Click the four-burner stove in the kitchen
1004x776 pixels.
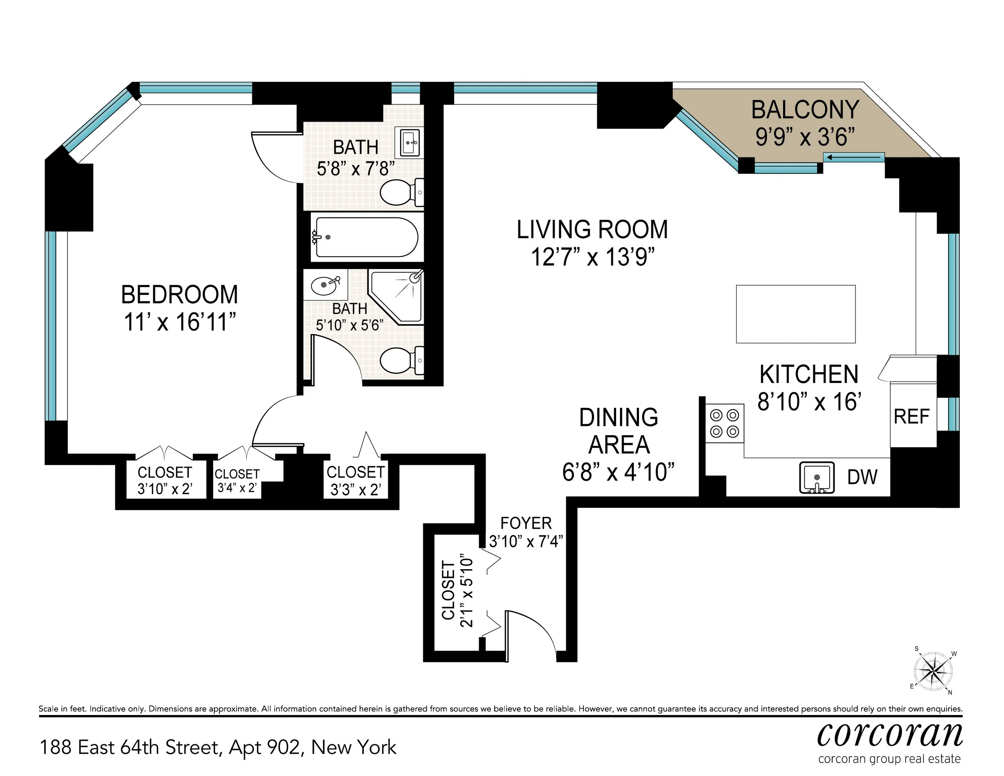[x=724, y=423]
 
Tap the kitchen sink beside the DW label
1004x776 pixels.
[x=816, y=478]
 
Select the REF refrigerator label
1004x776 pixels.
[x=912, y=416]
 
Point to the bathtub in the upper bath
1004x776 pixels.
[x=365, y=237]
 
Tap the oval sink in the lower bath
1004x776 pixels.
[x=325, y=286]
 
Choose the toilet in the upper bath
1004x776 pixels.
[x=401, y=192]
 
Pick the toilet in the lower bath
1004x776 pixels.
[x=401, y=361]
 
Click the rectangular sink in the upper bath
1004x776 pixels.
[x=409, y=143]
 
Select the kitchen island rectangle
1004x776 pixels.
[x=796, y=314]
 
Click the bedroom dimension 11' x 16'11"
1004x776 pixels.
[x=180, y=322]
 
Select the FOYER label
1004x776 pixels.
[x=526, y=523]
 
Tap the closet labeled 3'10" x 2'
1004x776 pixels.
[x=165, y=481]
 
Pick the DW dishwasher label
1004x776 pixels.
[x=862, y=477]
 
